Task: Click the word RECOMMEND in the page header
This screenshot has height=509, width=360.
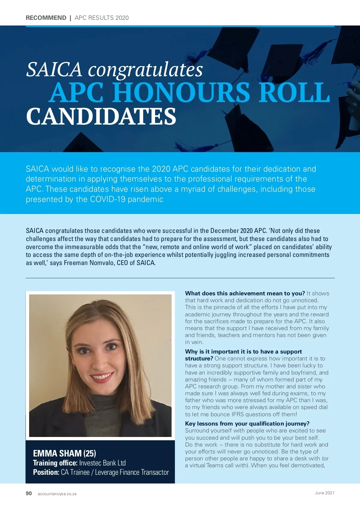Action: [x=46, y=18]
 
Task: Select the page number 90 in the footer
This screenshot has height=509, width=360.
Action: [x=29, y=493]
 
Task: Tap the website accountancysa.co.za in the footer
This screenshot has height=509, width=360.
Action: [x=57, y=494]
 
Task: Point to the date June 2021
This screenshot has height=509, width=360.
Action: [x=325, y=493]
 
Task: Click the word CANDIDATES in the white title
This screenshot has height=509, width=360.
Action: [x=101, y=117]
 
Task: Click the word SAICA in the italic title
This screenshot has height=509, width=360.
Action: [x=54, y=69]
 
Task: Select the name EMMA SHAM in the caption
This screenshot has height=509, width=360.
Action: [x=57, y=453]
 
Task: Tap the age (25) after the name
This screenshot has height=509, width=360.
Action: [x=90, y=453]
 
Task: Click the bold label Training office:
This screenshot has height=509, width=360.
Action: [x=55, y=463]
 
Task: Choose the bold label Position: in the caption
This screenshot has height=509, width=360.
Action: [x=46, y=472]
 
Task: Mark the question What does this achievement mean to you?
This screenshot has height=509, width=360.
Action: [x=245, y=293]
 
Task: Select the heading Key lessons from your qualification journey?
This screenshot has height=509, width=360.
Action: [x=247, y=423]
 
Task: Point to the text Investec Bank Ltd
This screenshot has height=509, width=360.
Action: [x=102, y=463]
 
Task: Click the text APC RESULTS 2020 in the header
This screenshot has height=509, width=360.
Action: [x=102, y=18]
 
